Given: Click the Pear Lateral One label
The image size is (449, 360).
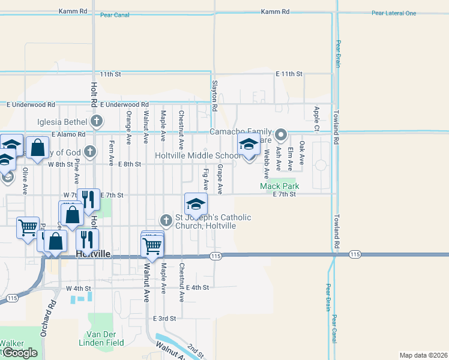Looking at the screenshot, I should click(x=393, y=13).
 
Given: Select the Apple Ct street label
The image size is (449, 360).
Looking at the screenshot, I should click(x=316, y=118).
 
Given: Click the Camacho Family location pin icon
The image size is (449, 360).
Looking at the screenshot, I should click(x=281, y=134).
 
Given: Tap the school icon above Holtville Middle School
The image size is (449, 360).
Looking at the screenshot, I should click(x=248, y=144).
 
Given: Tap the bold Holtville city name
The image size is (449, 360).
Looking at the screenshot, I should click(x=94, y=254).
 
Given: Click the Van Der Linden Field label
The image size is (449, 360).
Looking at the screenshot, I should click(x=101, y=338).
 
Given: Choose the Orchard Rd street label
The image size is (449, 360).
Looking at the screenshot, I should click(x=52, y=312).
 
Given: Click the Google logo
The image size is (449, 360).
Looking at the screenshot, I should click(x=20, y=353).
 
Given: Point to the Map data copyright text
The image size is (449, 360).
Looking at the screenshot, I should click(x=424, y=355).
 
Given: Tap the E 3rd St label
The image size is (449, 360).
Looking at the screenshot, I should click(x=164, y=318).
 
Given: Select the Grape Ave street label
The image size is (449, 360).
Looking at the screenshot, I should click(x=220, y=179).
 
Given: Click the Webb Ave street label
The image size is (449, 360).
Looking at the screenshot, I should click(x=266, y=164).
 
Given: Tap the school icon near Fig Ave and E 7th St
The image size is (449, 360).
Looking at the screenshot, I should click(x=196, y=204).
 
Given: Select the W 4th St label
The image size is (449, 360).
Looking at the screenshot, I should click(x=77, y=288).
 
